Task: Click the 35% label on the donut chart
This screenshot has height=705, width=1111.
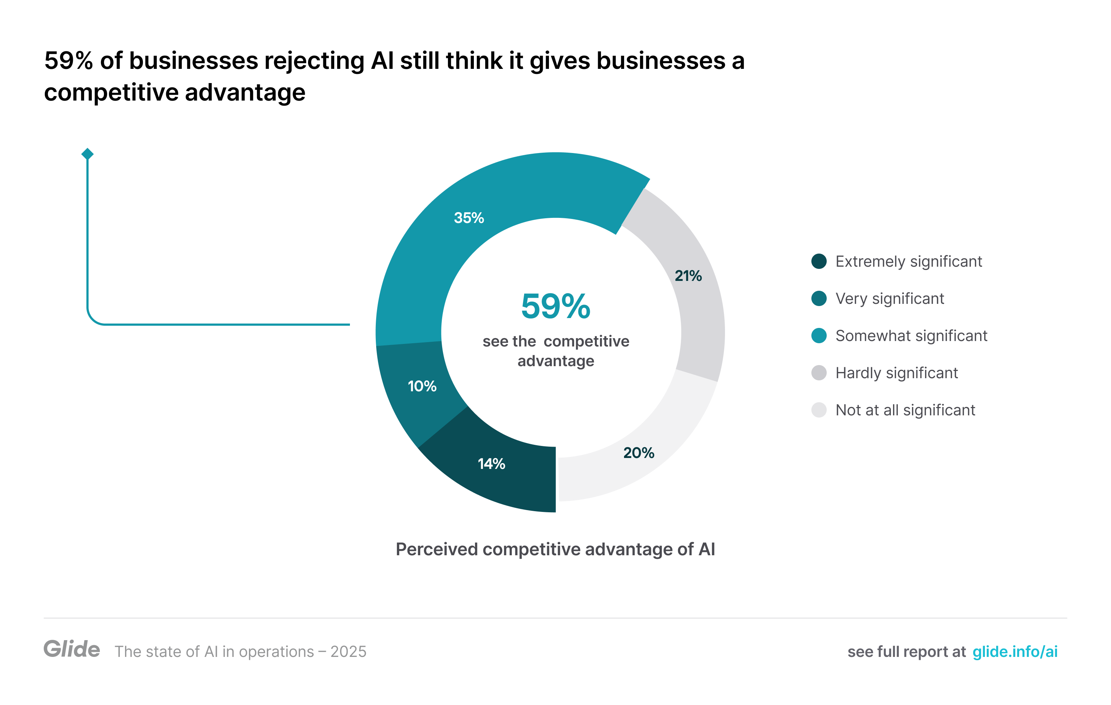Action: [x=469, y=218]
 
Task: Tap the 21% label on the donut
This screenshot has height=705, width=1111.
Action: [x=688, y=276]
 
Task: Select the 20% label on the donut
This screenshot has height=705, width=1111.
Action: [x=639, y=453]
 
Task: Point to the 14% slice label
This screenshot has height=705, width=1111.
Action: [x=491, y=463]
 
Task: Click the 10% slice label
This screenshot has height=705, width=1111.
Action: [x=422, y=386]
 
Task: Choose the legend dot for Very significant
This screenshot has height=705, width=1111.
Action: [x=819, y=298]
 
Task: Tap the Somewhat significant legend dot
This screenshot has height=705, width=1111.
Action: [x=819, y=336]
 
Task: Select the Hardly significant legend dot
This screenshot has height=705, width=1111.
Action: [x=819, y=373]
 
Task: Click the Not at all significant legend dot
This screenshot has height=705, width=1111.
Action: [x=819, y=410]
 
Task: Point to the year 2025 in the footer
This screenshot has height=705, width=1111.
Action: [x=348, y=651]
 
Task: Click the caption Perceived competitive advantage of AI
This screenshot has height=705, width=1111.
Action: [x=555, y=549]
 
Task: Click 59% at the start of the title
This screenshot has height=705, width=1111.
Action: [x=69, y=60]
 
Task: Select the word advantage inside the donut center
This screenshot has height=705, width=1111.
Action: [x=555, y=361]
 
